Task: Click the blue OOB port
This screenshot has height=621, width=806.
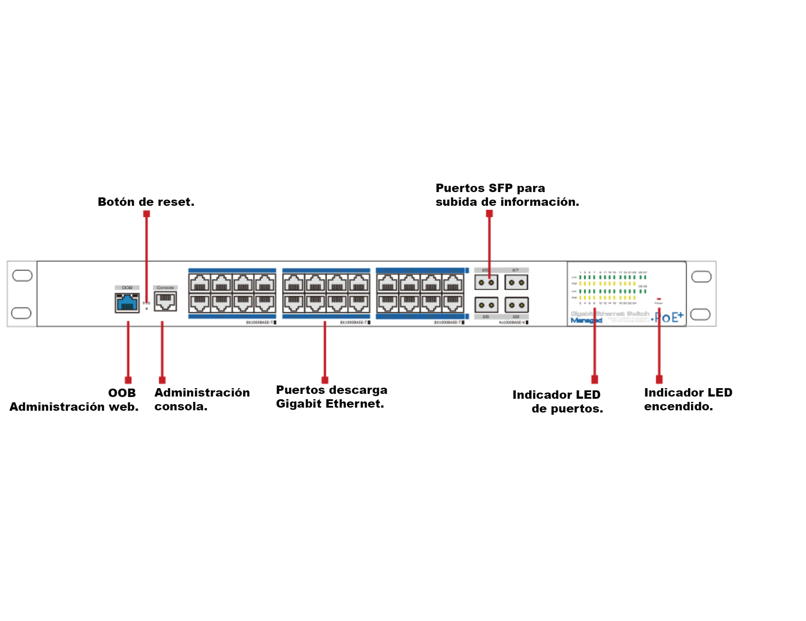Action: coord(127,303)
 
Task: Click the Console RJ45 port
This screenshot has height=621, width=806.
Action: coord(165,302)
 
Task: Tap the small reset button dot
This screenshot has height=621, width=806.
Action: coord(147,308)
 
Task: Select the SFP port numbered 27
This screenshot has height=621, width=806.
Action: coord(516,282)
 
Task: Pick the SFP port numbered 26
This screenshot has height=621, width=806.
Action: coord(486,305)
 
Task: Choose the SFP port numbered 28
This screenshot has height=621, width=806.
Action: coord(516,305)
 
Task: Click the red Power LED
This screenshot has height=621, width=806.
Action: coord(659,299)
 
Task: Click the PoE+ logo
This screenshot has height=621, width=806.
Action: coord(669,317)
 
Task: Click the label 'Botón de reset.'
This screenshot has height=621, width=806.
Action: coord(146,202)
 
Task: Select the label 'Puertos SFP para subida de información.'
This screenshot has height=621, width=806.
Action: coord(507,195)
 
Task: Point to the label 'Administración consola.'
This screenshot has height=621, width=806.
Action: coord(202,399)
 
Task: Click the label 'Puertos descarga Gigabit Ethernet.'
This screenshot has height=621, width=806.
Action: coord(331,397)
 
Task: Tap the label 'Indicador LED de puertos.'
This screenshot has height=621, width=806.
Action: coord(558,401)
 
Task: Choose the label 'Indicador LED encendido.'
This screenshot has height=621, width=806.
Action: coord(688,399)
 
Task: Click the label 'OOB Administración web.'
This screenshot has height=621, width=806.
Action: coord(74,400)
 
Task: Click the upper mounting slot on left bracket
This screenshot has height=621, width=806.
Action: coord(22,275)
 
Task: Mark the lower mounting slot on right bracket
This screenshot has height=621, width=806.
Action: coord(700,314)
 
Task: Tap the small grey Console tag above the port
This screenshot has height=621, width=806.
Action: coord(165,287)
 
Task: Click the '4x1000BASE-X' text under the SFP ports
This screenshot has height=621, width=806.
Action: coord(512,322)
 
